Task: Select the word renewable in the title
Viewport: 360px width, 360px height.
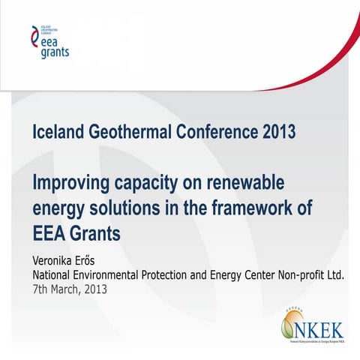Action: tap(250, 183)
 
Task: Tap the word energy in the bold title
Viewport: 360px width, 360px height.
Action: tap(59, 209)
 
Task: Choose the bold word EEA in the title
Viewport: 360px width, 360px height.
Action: tap(50, 233)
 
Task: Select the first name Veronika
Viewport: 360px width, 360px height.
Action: tap(61, 260)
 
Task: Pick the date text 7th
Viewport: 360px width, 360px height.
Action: tap(44, 289)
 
